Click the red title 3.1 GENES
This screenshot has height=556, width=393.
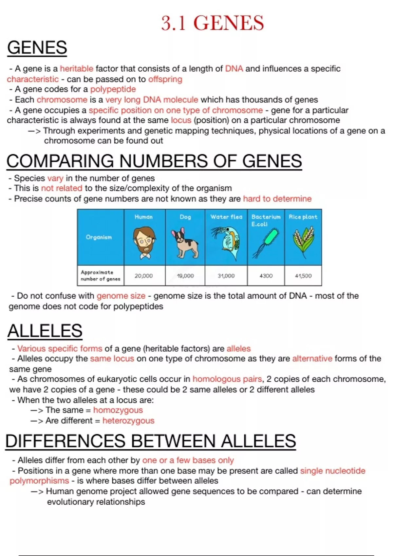[212, 23]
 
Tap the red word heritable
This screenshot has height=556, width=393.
[77, 69]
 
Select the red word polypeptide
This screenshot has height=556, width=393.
[113, 89]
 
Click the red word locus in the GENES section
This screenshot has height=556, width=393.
[181, 120]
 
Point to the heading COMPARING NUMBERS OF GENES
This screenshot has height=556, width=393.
[154, 161]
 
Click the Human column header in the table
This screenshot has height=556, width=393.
[143, 217]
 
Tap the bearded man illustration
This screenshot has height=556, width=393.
[144, 242]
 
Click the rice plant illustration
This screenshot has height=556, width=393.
[303, 242]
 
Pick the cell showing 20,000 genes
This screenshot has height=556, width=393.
[143, 276]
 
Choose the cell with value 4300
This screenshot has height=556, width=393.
[266, 276]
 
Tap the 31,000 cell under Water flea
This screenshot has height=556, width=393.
[226, 276]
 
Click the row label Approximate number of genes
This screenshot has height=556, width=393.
[100, 275]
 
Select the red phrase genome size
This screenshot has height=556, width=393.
[121, 296]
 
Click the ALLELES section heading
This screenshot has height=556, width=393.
[45, 331]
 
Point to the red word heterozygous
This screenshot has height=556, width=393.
[128, 420]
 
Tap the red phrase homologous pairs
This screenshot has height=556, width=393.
[227, 379]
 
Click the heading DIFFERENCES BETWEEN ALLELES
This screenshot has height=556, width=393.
[151, 441]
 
